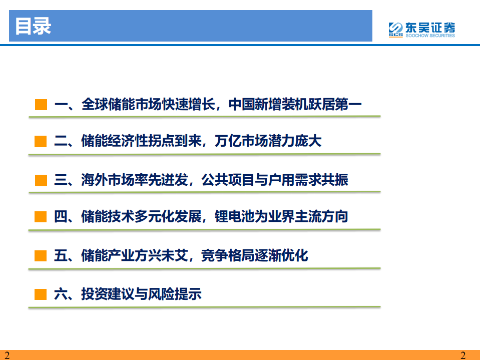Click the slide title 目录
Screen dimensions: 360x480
pyautogui.click(x=33, y=27)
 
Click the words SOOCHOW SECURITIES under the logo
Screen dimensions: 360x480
pyautogui.click(x=429, y=36)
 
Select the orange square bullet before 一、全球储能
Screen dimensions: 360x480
pyautogui.click(x=41, y=105)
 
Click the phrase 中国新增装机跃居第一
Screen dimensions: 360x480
pyautogui.click(x=295, y=105)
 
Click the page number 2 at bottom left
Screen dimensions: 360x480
pyautogui.click(x=7, y=355)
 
